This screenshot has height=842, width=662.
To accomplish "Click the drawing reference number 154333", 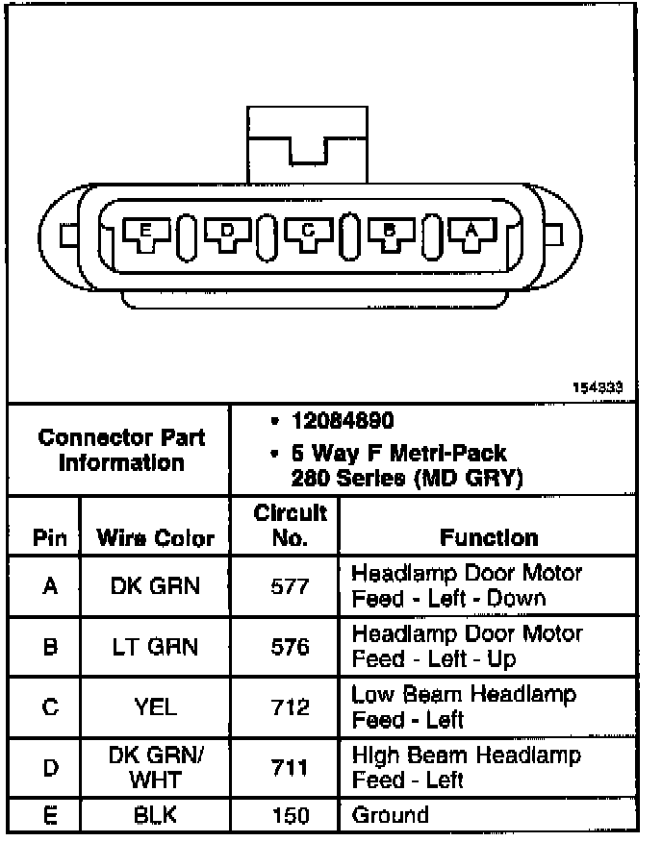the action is (x=603, y=387).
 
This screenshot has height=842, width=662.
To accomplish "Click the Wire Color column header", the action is (x=156, y=537).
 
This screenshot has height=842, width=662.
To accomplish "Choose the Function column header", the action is (x=489, y=537).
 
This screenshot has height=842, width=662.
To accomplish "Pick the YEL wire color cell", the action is (x=156, y=708).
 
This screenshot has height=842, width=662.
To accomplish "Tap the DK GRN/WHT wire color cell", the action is (x=156, y=768).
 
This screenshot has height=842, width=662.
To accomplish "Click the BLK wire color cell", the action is (x=156, y=816).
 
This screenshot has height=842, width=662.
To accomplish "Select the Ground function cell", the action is (x=391, y=815).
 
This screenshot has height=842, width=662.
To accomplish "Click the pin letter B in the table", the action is (x=50, y=647).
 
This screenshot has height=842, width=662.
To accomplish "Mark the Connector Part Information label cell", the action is (x=121, y=450).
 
